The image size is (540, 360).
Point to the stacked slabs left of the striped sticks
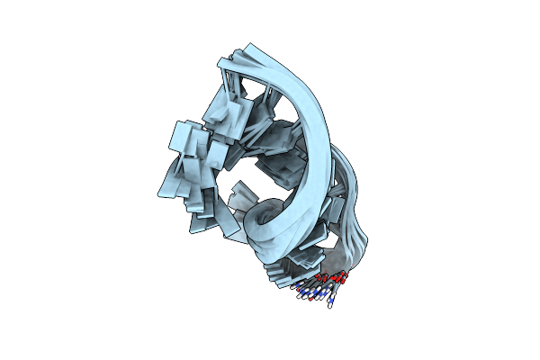pyautogui.click(x=274, y=270)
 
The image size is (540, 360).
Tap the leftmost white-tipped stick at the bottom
pyautogui.click(x=294, y=289)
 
